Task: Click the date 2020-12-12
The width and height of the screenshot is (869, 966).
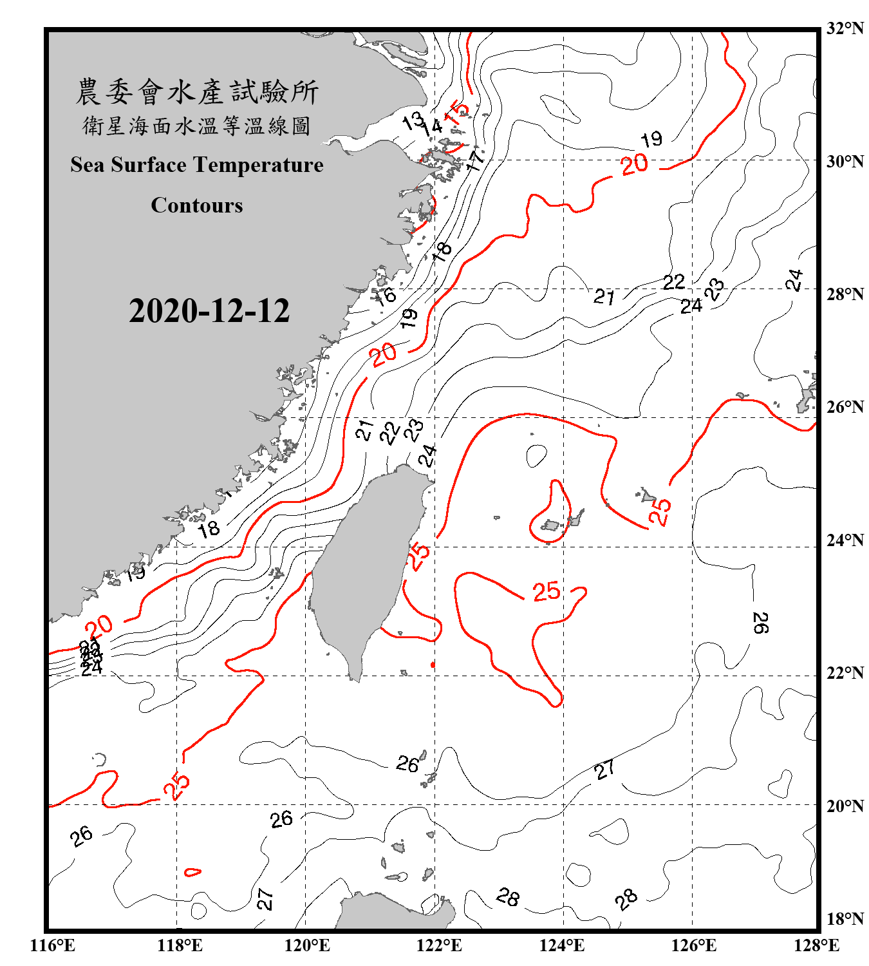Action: point(209,310)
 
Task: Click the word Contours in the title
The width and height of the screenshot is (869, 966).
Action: point(197,205)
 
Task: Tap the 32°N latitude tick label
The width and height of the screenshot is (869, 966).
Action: point(845,28)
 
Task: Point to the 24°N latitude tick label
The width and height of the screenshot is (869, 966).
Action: point(845,540)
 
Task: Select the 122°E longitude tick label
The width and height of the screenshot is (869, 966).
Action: point(439,945)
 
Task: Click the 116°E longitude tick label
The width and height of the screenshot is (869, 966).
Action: point(53,945)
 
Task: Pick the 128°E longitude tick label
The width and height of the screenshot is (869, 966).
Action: point(816,945)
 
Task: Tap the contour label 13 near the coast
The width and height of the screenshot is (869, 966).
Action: point(412,120)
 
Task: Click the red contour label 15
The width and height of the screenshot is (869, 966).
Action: point(456,113)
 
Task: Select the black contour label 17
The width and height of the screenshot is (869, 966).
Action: point(475,160)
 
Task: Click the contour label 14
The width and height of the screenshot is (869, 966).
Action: point(433,126)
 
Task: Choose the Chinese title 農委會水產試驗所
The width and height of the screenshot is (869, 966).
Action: point(197,92)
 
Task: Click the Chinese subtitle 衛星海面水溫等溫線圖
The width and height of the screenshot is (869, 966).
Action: point(197,126)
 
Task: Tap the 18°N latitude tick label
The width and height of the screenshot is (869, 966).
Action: point(845,919)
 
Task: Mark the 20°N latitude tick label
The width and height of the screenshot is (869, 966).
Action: point(845,806)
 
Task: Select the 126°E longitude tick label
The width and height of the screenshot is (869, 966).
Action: point(693,945)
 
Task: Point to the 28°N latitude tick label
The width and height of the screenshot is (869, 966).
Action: point(845,294)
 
